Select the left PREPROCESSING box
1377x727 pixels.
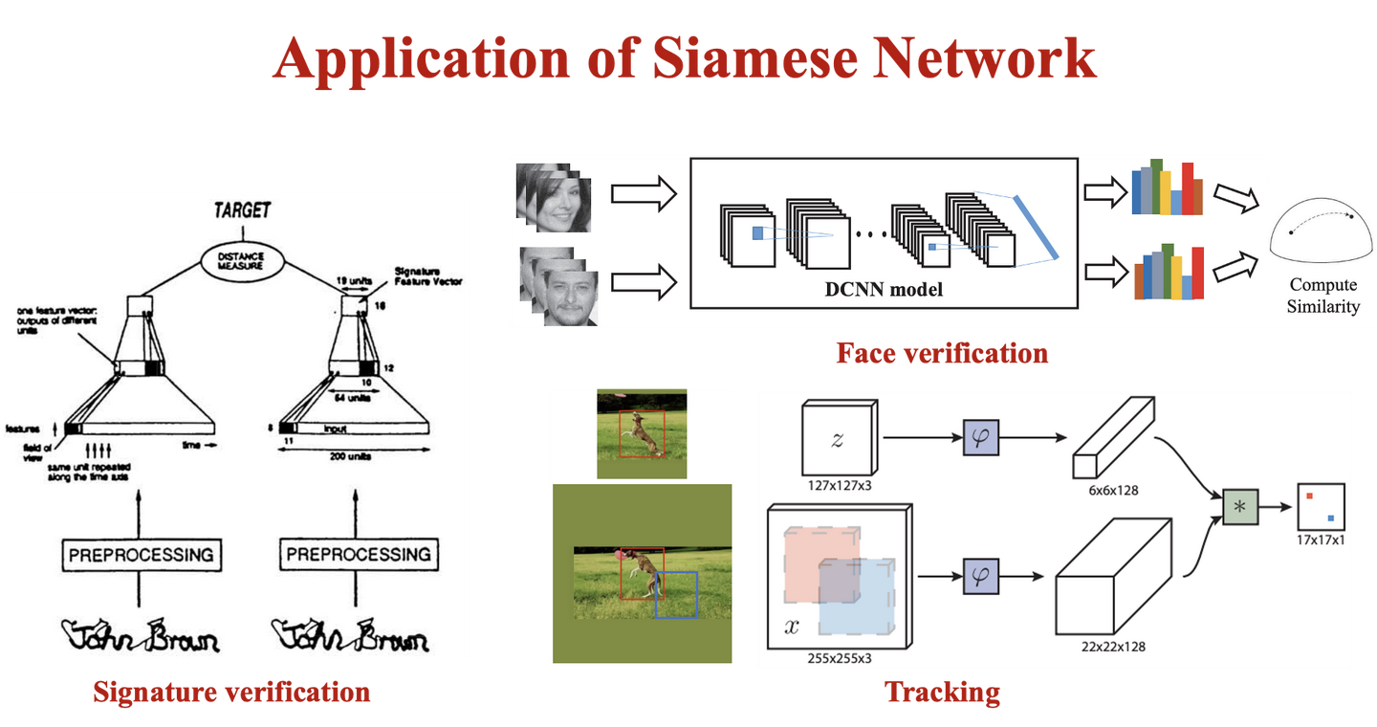coord(142,555)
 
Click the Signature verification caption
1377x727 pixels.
coord(231,692)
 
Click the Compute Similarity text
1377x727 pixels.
coord(1322,296)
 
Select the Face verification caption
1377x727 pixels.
coord(941,354)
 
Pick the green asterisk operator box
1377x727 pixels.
coord(1239,507)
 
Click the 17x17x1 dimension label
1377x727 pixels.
coord(1321,540)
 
